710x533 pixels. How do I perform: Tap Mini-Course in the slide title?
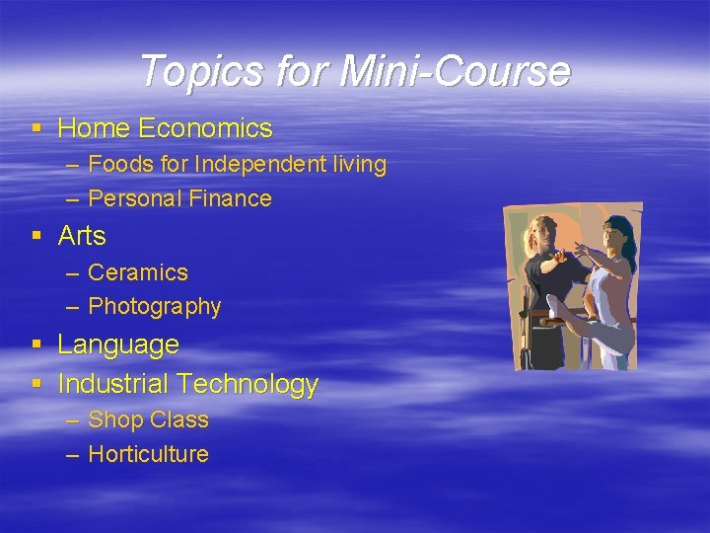pos(455,71)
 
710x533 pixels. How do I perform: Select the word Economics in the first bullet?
pos(205,128)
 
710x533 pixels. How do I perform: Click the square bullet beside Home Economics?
pos(36,128)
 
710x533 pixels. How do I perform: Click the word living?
pos(359,164)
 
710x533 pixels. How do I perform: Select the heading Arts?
pos(82,236)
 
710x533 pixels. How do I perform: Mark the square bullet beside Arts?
pos(36,236)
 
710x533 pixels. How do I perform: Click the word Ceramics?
pos(138,272)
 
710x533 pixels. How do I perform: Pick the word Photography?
pos(155,307)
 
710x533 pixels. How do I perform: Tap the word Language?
pos(118,344)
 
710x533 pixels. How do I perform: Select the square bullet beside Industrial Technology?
pos(36,383)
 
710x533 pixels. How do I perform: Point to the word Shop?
pos(113,419)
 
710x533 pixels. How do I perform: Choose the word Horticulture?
pos(149,454)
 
